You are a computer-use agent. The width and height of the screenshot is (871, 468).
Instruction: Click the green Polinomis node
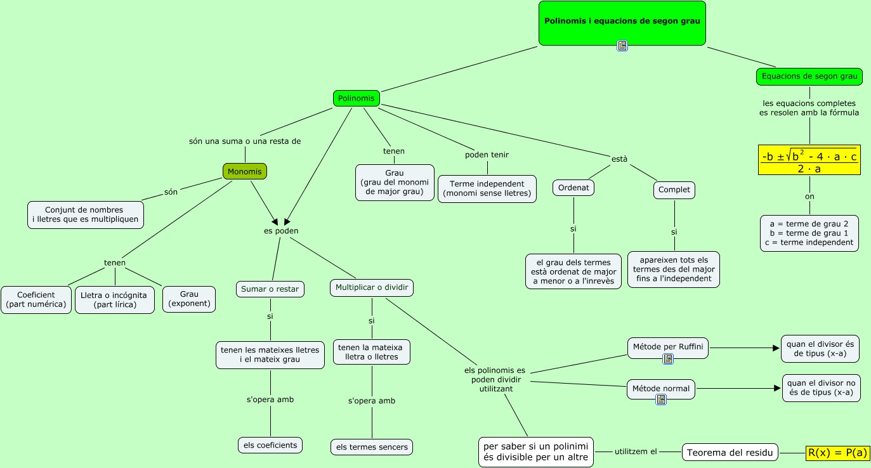click(x=356, y=98)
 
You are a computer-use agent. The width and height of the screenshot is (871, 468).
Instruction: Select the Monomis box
click(x=245, y=171)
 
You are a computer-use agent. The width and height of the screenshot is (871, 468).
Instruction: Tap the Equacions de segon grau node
click(x=809, y=77)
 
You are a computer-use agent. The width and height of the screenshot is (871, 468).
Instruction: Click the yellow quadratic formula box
click(x=809, y=160)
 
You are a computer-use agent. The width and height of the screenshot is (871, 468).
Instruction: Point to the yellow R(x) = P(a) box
click(x=837, y=452)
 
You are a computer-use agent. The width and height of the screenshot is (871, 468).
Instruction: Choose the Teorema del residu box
click(x=730, y=452)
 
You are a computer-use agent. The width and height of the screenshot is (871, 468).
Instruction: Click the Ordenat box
click(x=573, y=188)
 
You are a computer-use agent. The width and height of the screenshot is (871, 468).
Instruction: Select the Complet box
click(x=674, y=190)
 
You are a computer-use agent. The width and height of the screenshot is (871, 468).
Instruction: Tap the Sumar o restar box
click(x=270, y=289)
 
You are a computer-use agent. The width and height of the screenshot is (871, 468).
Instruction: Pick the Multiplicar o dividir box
click(x=372, y=288)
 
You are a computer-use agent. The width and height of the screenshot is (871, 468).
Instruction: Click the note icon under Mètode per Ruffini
click(x=667, y=359)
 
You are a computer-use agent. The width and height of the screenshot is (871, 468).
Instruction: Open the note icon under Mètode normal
click(x=661, y=400)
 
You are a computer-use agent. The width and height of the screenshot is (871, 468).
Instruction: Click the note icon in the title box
click(x=622, y=45)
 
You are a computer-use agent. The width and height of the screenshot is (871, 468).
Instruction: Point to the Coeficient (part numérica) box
click(x=36, y=299)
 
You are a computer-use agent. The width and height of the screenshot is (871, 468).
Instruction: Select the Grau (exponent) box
click(x=189, y=299)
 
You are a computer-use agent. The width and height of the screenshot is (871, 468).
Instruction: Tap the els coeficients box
click(x=270, y=445)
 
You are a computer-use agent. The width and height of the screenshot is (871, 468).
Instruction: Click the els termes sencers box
click(x=372, y=447)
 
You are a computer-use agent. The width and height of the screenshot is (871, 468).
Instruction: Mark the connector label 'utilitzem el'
click(x=636, y=452)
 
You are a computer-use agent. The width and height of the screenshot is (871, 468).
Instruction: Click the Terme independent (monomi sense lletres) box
click(x=487, y=188)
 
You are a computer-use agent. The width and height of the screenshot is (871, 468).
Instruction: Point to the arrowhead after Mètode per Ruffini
click(x=775, y=348)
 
